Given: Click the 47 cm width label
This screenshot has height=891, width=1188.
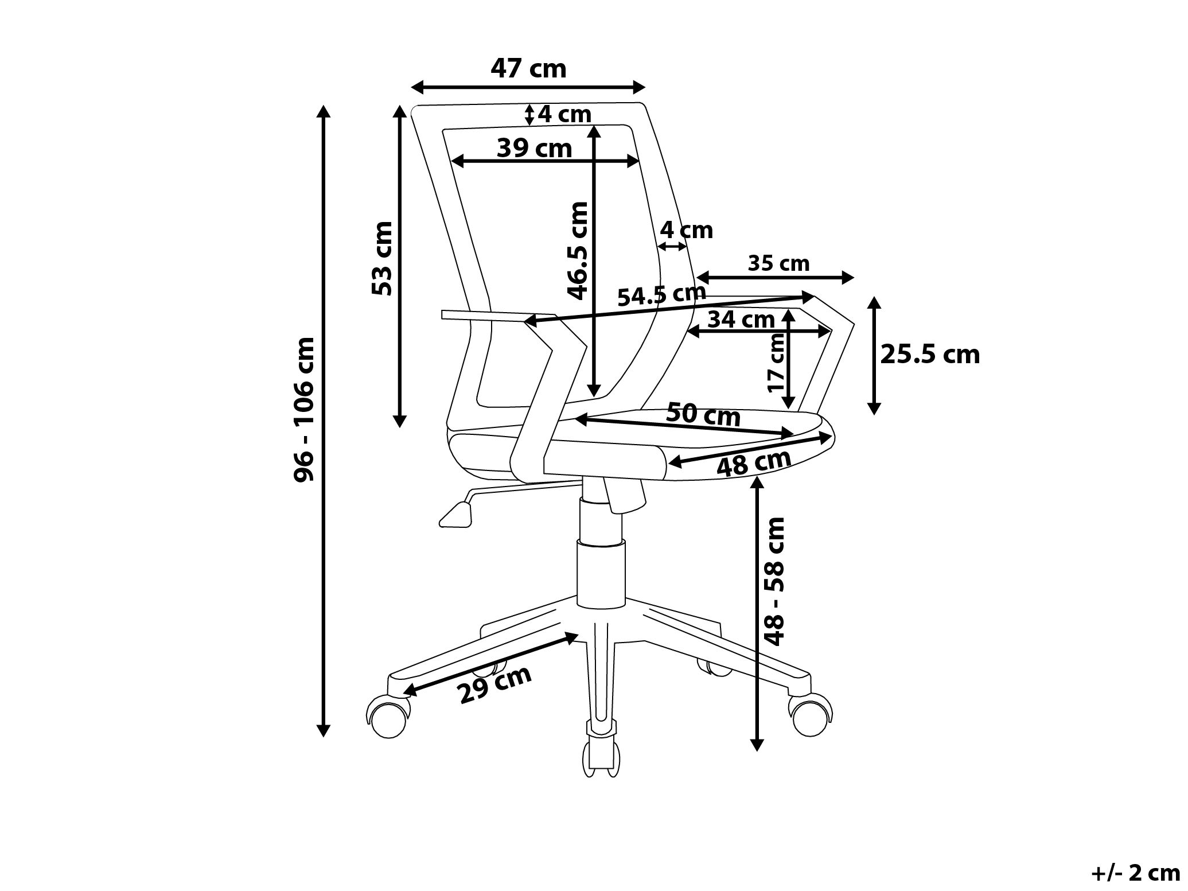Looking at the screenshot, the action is (528, 69).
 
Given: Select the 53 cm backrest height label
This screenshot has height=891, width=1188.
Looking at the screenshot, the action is (382, 258).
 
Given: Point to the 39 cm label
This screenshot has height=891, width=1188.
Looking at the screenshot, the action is (535, 148).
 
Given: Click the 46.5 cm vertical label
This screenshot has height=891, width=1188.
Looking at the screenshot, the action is (578, 251).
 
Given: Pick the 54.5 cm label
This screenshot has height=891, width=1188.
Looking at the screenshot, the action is (661, 294).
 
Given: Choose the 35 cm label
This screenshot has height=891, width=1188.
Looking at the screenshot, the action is (778, 263).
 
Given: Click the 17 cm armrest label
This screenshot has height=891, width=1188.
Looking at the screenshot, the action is (776, 363).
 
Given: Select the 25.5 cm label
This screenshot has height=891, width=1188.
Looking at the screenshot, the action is (930, 355).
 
